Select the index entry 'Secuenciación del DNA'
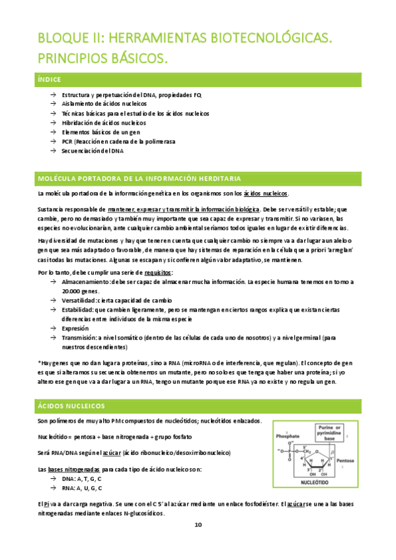(93, 151)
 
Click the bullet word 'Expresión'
(75, 328)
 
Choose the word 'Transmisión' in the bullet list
(79, 337)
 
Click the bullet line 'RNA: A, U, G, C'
(82, 488)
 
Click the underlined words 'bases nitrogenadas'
(72, 470)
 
